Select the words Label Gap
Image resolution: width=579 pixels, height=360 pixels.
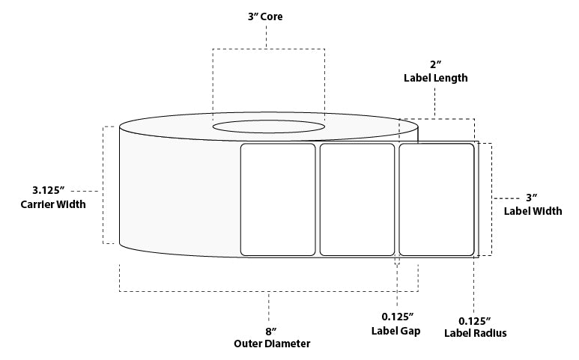click(395, 331)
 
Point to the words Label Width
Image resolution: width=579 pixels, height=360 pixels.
click(533, 212)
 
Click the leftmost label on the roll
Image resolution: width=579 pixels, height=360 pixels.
click(277, 199)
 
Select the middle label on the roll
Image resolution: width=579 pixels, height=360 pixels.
click(357, 199)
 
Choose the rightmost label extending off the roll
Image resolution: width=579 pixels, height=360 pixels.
click(437, 199)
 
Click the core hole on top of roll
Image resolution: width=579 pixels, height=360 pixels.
click(268, 127)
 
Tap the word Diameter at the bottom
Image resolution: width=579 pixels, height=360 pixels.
click(288, 344)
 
